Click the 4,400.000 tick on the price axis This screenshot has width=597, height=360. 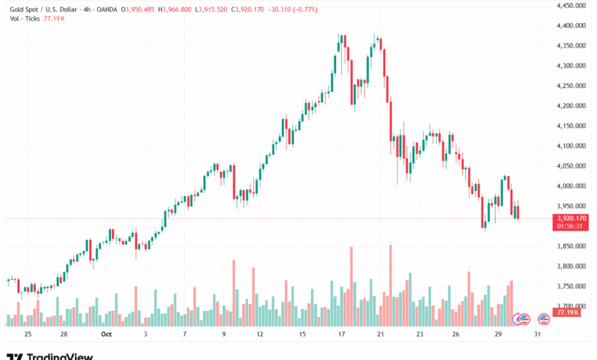[571, 25]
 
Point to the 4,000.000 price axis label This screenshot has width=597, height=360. [571, 186]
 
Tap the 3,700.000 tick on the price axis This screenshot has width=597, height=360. [571, 306]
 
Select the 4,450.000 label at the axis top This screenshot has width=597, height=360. [571, 5]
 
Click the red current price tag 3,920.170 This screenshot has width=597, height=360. [571, 218]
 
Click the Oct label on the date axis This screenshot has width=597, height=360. [106, 335]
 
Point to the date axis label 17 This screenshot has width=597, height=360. [339, 335]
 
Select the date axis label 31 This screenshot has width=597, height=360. [539, 335]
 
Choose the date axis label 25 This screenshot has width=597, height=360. [28, 335]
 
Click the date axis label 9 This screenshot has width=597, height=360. [224, 335]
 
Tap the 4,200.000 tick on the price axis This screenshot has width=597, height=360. [571, 106]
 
